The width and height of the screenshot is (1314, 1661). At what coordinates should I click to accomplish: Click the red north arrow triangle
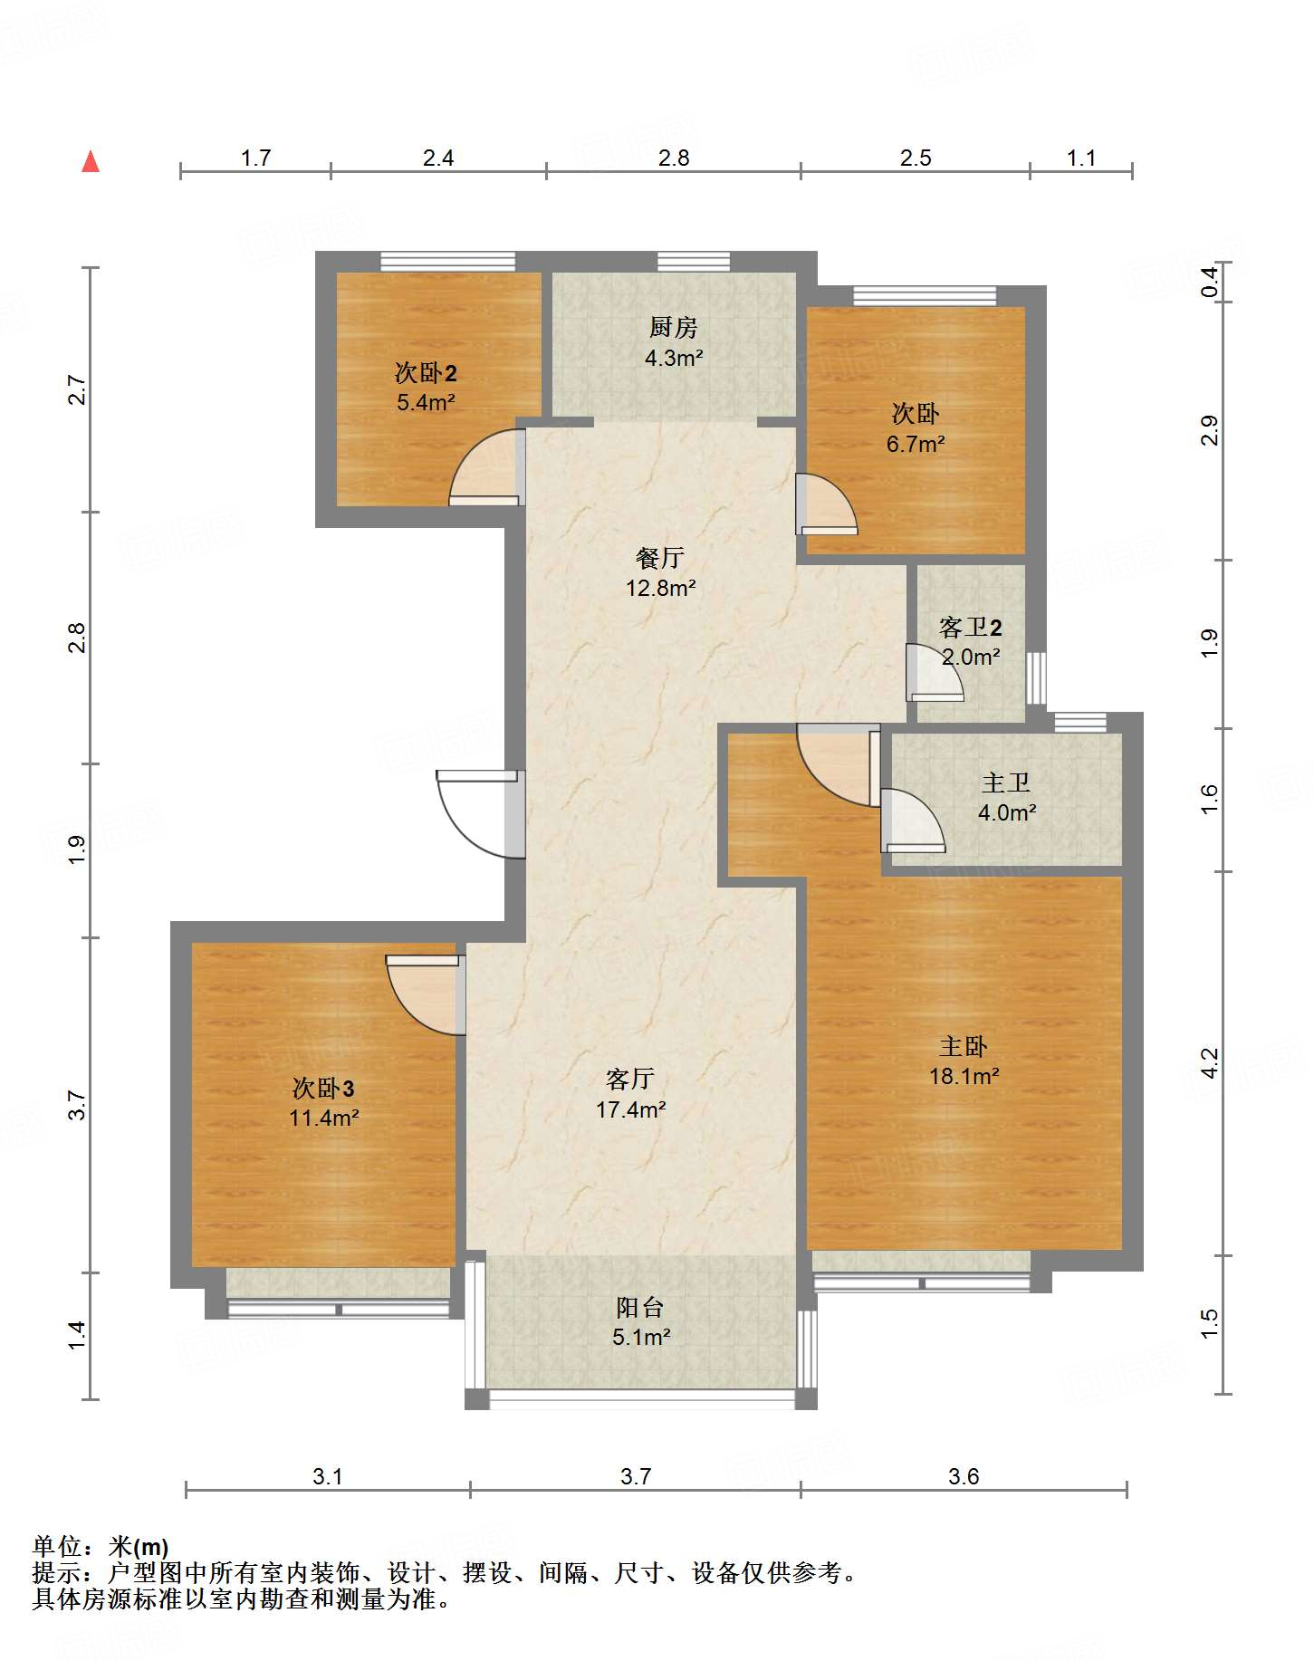tap(91, 162)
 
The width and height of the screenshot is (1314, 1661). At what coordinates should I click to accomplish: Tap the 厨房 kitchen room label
tap(674, 327)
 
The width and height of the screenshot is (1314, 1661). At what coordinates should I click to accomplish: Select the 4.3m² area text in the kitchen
tap(674, 358)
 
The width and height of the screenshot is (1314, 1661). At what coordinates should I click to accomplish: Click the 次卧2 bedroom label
tap(426, 372)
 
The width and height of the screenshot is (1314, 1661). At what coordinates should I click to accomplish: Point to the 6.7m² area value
tap(916, 444)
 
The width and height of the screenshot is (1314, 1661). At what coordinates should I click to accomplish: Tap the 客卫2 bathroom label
tap(971, 627)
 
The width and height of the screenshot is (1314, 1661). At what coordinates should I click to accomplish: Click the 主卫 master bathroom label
tap(1006, 782)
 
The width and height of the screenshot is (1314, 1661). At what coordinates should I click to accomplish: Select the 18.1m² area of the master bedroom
tap(964, 1076)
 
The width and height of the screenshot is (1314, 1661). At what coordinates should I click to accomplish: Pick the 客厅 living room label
tap(630, 1079)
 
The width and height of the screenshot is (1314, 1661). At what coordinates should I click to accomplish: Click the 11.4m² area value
tap(324, 1118)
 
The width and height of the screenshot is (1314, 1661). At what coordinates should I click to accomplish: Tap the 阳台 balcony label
tap(640, 1307)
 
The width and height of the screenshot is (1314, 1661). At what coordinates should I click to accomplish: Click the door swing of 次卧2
tap(487, 467)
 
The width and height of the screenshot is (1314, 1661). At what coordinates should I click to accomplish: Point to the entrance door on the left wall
tap(481, 813)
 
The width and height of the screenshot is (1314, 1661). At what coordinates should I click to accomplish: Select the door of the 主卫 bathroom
tap(913, 821)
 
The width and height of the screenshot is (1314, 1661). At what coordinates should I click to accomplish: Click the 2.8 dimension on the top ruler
tap(674, 158)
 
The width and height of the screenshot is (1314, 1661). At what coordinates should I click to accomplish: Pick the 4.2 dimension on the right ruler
tap(1209, 1062)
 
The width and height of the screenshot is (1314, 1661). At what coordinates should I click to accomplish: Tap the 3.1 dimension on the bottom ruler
tap(328, 1476)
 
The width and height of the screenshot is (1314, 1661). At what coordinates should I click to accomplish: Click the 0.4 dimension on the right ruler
tap(1209, 283)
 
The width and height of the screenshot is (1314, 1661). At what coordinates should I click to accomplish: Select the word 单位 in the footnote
tap(57, 1546)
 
